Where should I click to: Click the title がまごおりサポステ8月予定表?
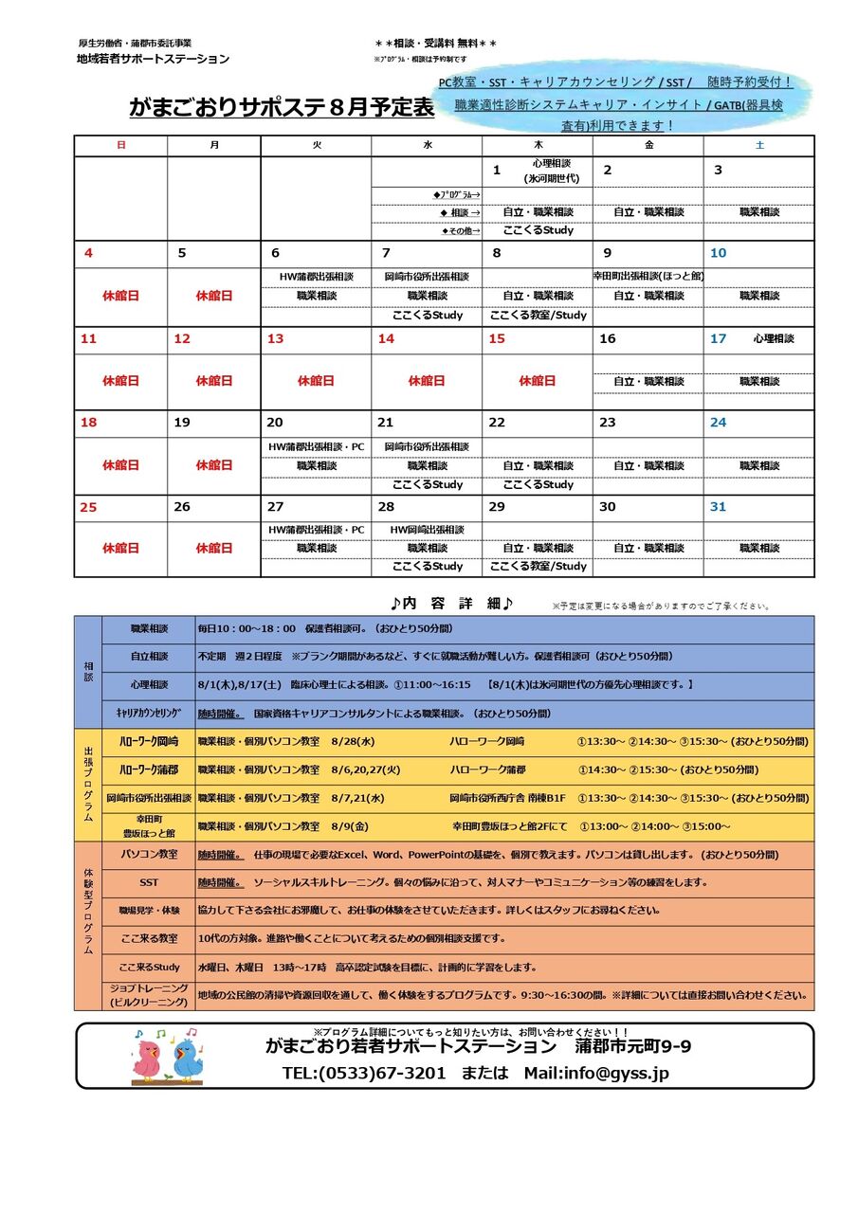pos(282,108)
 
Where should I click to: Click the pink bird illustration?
pos(148,1058)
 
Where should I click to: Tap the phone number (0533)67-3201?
pos(364,1073)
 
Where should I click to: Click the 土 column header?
pos(758,145)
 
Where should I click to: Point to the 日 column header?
pos(120,145)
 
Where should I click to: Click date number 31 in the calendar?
pos(718,507)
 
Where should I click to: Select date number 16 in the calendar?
pos(607,338)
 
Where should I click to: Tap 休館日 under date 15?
pos(537,381)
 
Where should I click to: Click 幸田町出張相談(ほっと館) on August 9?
pos(648,277)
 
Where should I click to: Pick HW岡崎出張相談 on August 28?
pos(427,530)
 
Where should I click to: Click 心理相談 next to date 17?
pos(774,338)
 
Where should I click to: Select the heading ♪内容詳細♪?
pos(451,604)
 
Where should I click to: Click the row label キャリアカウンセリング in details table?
pos(149,714)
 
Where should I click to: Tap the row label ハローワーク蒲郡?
pos(149,769)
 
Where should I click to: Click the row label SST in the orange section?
pos(149,882)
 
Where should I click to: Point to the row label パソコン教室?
pos(149,854)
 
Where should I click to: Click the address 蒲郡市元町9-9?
pos(632,1046)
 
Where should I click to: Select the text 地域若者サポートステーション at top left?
pos(153,59)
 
